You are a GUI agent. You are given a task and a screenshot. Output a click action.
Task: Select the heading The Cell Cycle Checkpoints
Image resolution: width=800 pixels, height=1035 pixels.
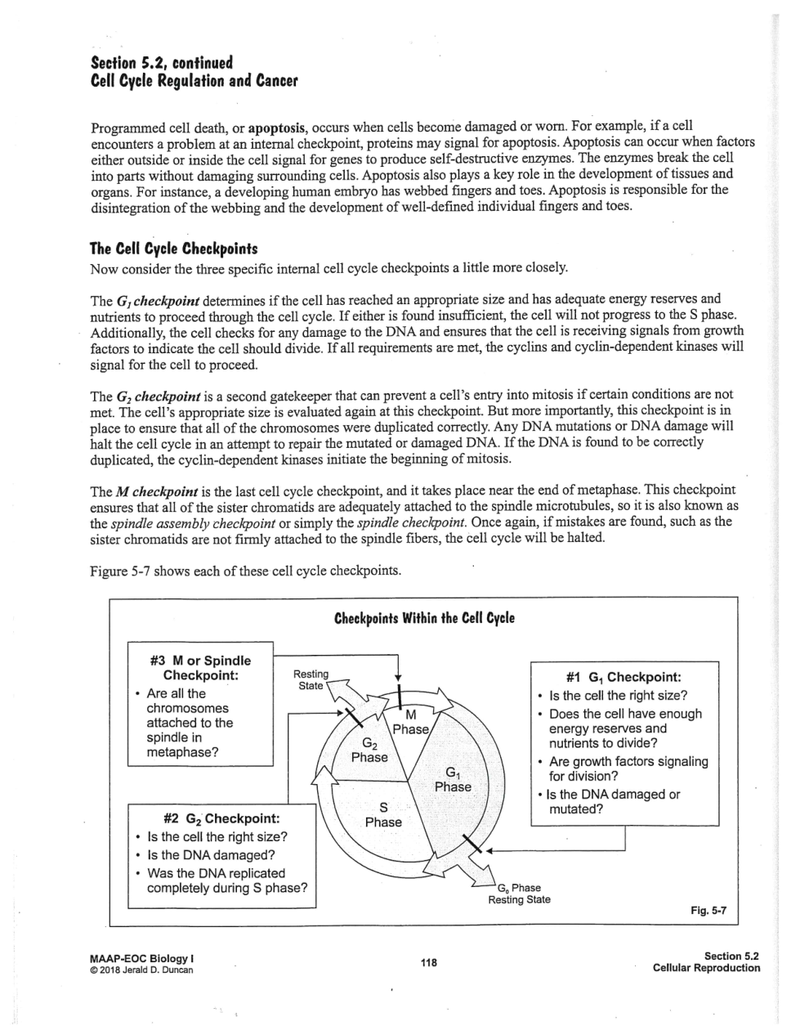point(173,249)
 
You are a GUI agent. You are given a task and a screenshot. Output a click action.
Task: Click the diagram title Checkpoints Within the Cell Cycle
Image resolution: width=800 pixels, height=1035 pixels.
point(424,618)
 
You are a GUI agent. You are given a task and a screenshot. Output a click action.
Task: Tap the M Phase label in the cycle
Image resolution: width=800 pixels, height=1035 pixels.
point(410,721)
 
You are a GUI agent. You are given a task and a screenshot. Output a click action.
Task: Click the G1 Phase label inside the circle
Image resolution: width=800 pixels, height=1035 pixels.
point(453,779)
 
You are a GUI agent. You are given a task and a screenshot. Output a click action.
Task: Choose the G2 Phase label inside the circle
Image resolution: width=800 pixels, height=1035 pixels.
point(369,750)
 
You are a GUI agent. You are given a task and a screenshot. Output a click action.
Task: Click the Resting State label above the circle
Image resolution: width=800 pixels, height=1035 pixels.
point(311,679)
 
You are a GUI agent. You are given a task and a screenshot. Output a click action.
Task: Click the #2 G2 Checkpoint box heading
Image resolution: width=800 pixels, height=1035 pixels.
point(221,818)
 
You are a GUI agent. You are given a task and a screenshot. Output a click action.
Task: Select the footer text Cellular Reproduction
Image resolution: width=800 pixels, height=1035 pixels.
point(706,968)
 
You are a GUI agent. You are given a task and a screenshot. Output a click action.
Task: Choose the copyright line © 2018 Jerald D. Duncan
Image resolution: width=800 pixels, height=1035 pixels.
point(142,970)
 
